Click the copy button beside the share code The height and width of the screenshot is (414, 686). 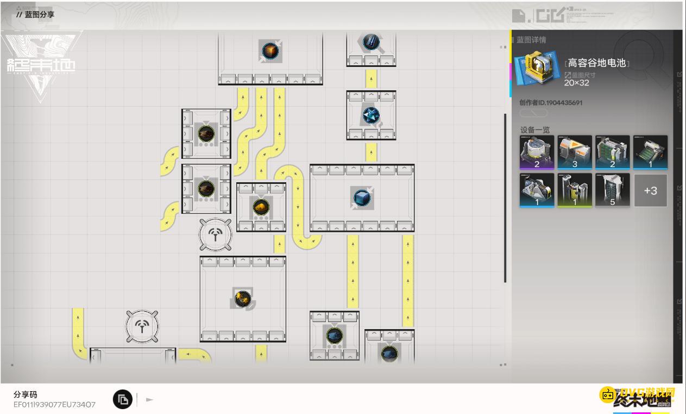tap(123, 399)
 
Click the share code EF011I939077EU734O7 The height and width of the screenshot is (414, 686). tap(54, 404)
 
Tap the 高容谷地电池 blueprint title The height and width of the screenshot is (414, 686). tap(597, 64)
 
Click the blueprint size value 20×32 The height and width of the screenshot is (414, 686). tap(576, 83)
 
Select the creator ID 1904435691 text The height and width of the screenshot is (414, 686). tap(551, 102)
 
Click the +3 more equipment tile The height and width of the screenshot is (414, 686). tap(650, 190)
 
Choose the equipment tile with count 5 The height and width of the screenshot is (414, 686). tap(612, 190)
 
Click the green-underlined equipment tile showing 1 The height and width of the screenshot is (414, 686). tap(575, 190)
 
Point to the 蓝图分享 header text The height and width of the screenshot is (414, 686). tap(39, 15)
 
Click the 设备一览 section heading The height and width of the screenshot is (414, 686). tap(535, 130)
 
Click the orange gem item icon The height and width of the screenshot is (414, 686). tap(269, 51)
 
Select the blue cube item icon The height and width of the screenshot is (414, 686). tap(361, 197)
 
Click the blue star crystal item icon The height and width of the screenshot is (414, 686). tap(371, 115)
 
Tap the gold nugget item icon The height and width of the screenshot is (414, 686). tap(261, 207)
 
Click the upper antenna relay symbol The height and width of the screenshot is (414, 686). tap(216, 235)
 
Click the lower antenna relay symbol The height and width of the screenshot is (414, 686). tap(142, 326)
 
